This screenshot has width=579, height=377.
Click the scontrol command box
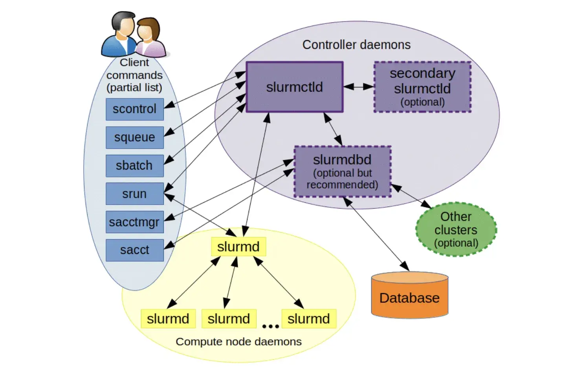pyautogui.click(x=134, y=109)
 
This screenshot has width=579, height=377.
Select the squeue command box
pyautogui.click(x=134, y=137)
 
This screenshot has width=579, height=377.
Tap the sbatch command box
pyautogui.click(x=134, y=166)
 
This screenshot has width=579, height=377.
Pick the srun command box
pyautogui.click(x=134, y=194)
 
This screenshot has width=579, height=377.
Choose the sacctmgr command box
pyautogui.click(x=134, y=222)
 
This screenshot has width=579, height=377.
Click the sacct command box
pyautogui.click(x=134, y=250)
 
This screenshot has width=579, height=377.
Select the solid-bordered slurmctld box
pyautogui.click(x=295, y=87)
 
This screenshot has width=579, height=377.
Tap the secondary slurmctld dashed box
pyautogui.click(x=422, y=87)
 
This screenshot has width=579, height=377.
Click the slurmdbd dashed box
pyautogui.click(x=342, y=172)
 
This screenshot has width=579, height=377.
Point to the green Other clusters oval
pyautogui.click(x=456, y=229)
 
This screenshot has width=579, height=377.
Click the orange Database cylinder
pyautogui.click(x=410, y=298)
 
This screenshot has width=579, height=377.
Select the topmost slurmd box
pyautogui.click(x=238, y=247)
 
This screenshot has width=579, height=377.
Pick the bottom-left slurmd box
pyautogui.click(x=168, y=318)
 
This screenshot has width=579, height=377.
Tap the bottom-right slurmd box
pyautogui.click(x=309, y=318)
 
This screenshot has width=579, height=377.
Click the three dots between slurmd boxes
pyautogui.click(x=270, y=326)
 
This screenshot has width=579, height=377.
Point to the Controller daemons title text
pyautogui.click(x=356, y=45)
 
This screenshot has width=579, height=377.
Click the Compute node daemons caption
pyautogui.click(x=238, y=342)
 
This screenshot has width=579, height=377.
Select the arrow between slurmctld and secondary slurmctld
pyautogui.click(x=358, y=87)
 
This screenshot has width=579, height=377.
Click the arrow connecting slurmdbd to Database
pyautogui.click(x=376, y=234)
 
